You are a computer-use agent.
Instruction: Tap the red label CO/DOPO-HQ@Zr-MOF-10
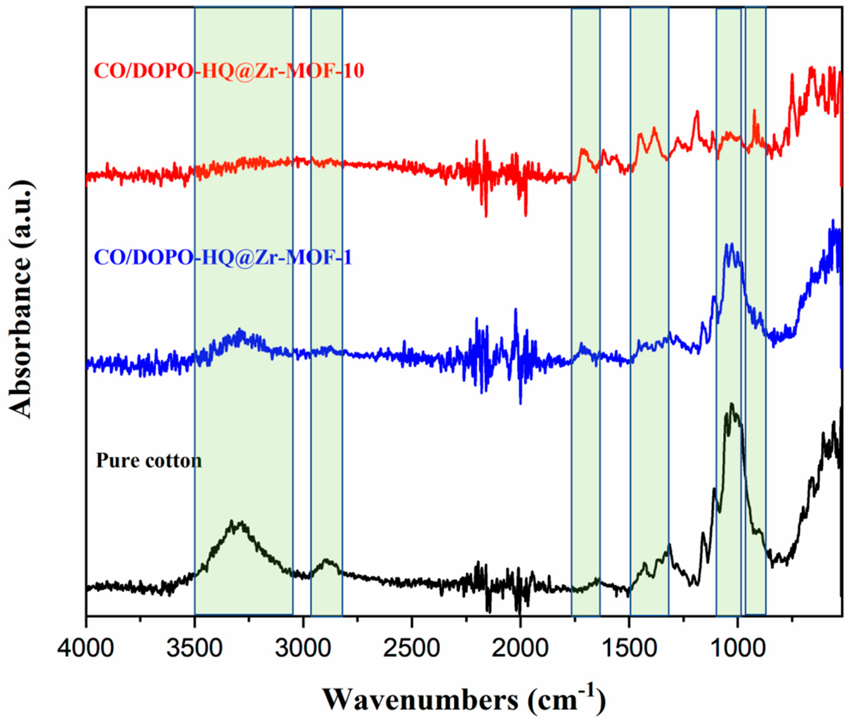click(229, 71)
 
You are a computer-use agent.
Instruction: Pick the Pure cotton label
click(149, 461)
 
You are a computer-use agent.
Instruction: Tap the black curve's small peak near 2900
click(326, 560)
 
